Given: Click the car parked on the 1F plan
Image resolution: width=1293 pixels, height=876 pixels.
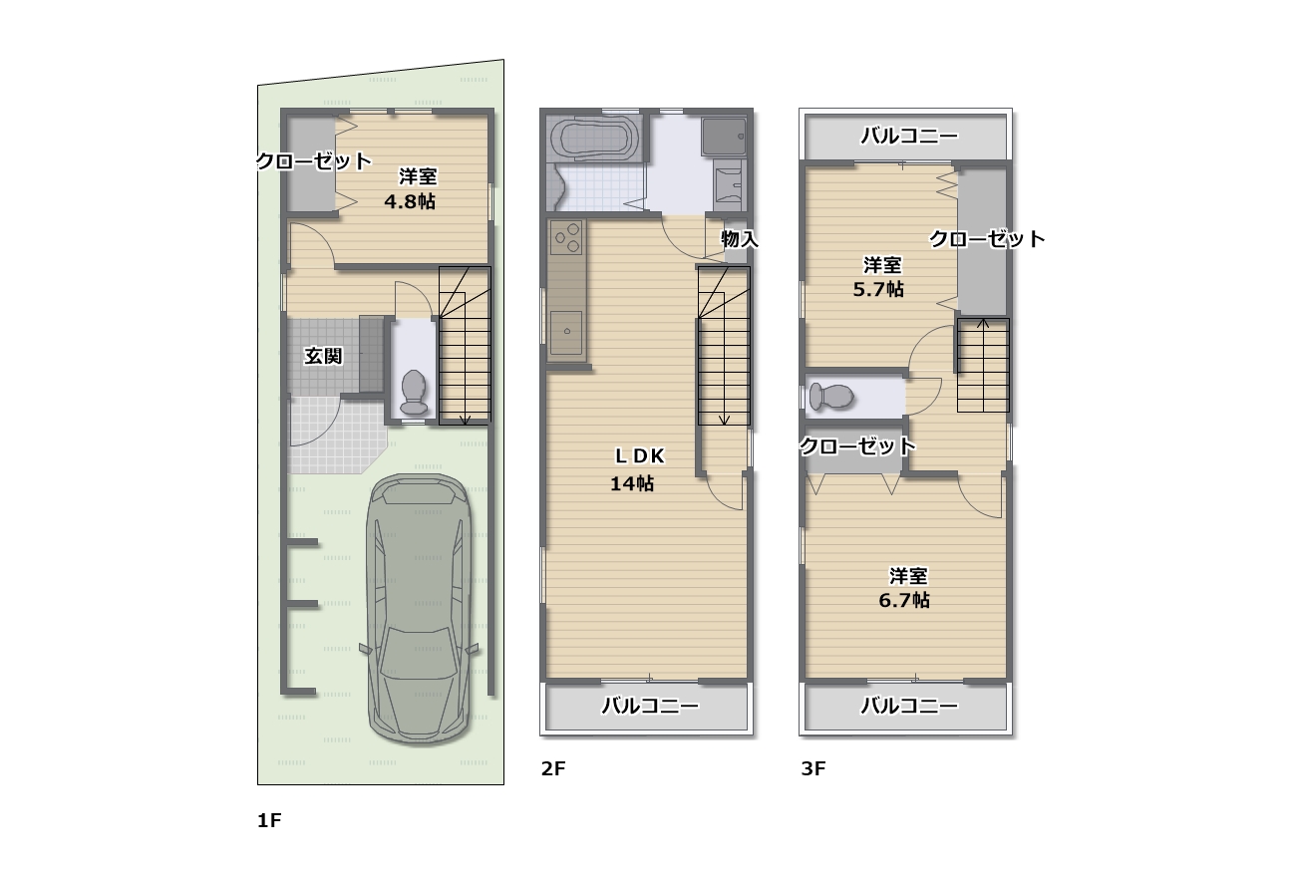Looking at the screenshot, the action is click(x=419, y=609).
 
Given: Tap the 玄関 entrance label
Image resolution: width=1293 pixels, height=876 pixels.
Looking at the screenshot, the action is click(x=323, y=356).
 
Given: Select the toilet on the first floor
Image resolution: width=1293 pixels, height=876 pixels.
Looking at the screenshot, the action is click(x=414, y=392).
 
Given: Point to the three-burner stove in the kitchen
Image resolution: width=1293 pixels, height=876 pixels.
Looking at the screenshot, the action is click(x=566, y=237).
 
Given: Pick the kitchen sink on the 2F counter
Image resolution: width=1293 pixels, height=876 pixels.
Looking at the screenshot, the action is click(x=566, y=333).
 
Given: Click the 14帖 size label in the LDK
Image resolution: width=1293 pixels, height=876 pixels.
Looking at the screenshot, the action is click(x=632, y=483).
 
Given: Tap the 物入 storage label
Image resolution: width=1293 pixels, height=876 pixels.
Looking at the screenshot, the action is click(x=740, y=238).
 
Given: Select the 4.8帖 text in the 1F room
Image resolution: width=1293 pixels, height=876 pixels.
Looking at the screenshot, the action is click(x=410, y=201).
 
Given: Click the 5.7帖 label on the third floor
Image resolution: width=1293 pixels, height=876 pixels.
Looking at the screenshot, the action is click(x=878, y=289).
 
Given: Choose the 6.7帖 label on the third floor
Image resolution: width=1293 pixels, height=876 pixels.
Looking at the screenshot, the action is click(x=904, y=600).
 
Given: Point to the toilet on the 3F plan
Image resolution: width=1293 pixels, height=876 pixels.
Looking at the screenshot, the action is click(x=831, y=396).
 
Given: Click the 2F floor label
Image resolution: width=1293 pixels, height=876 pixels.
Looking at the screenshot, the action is click(x=553, y=768).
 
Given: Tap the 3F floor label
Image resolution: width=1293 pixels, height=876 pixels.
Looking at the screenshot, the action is click(x=813, y=768).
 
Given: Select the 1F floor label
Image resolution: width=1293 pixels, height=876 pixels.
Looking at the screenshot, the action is click(x=269, y=820).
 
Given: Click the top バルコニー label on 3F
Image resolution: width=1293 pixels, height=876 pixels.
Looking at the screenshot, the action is click(x=909, y=136).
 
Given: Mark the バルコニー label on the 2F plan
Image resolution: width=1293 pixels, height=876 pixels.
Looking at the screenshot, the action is click(x=650, y=706).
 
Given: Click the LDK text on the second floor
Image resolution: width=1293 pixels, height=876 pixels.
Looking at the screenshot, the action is click(x=640, y=455).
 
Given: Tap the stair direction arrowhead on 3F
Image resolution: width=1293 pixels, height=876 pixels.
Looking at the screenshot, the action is click(x=983, y=324).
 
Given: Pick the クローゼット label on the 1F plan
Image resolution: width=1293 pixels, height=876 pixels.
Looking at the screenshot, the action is click(x=314, y=161).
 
